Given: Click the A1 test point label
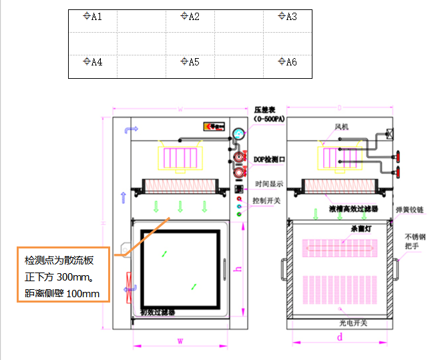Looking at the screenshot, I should pos(93,16).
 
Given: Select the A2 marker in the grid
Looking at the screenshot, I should pos(191,16).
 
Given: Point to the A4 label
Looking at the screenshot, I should pos(93,62).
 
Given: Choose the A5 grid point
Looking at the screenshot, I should pos(191,62).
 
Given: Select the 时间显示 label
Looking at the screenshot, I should pos(268,184).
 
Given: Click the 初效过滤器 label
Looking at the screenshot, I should pos(159,312).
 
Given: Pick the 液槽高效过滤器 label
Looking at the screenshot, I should pos(353,208).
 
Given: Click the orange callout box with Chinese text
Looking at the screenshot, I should pos(63,275).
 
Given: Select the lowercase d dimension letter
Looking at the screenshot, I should pos(340,338).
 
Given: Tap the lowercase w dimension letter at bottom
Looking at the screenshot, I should pos(180,341).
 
